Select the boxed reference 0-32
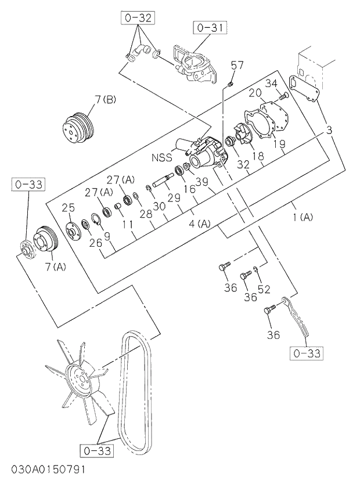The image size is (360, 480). pyautogui.click(x=138, y=18)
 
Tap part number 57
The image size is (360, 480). pyautogui.click(x=237, y=66)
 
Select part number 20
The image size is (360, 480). pyautogui.click(x=255, y=93)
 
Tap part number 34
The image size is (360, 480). pyautogui.click(x=272, y=84)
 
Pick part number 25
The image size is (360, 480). pyautogui.click(x=69, y=207)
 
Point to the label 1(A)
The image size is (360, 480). pyautogui.click(x=303, y=218)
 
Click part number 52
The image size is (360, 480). pyautogui.click(x=264, y=288)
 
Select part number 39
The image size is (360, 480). pyautogui.click(x=201, y=182)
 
